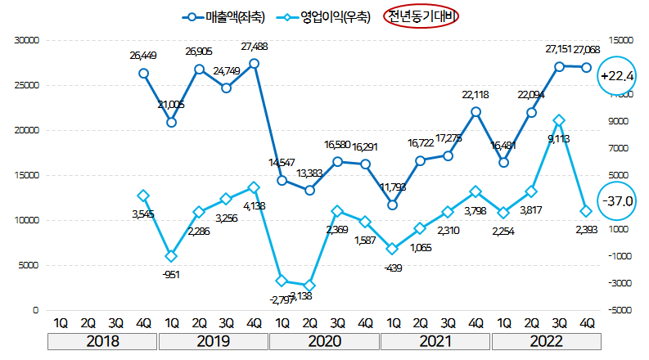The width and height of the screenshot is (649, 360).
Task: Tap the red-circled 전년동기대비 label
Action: point(423,16)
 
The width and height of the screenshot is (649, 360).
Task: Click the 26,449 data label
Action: point(143,56)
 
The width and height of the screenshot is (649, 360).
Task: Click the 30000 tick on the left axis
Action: point(27,39)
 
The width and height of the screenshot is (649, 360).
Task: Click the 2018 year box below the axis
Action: point(102,340)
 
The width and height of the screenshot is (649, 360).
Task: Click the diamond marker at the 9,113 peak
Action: point(558,120)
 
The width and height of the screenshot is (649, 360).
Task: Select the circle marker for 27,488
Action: point(255,63)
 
